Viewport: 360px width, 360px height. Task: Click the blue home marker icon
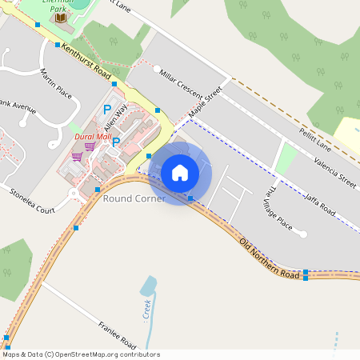(x=180, y=172)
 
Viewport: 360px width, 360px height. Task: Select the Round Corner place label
(x=134, y=198)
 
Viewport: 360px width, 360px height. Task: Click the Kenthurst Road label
(x=86, y=62)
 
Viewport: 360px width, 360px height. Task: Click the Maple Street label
(x=204, y=102)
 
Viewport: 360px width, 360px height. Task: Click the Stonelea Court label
(x=31, y=201)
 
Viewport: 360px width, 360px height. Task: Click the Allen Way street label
(x=115, y=118)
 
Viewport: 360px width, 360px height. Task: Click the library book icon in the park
(x=61, y=27)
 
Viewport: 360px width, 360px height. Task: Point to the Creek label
(x=146, y=308)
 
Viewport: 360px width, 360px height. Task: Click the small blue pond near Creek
(x=149, y=286)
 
